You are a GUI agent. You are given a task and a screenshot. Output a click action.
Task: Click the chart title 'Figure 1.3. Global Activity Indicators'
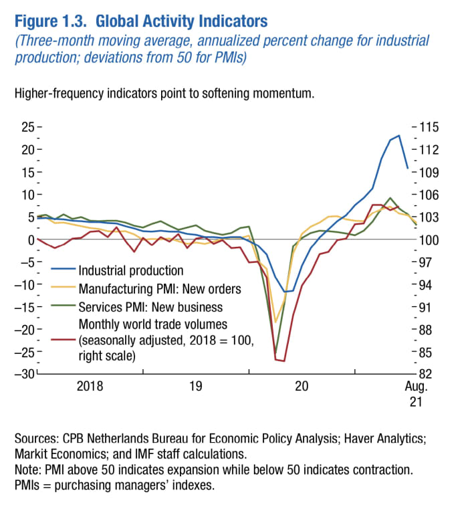point(138,21)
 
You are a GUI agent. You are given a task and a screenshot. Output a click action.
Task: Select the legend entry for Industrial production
point(130,271)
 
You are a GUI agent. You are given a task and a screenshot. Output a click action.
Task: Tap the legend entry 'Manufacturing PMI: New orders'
point(159,289)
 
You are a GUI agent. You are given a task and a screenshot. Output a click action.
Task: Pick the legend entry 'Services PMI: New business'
point(150,307)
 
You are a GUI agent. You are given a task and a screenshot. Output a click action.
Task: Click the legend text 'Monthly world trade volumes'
point(153,324)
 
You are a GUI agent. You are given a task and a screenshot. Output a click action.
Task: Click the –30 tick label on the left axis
point(25,373)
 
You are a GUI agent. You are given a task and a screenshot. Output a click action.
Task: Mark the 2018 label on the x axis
point(90,386)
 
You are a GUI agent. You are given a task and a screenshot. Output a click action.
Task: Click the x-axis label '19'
point(195,386)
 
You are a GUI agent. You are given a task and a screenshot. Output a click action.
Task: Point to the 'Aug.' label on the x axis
point(415,386)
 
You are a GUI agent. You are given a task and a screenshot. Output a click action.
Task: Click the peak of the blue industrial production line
point(399,136)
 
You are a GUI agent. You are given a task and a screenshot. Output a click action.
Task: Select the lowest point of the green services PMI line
point(275,352)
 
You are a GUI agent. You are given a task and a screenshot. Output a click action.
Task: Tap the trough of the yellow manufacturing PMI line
point(275,322)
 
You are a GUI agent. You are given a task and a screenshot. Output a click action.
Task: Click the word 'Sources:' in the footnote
point(37,439)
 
